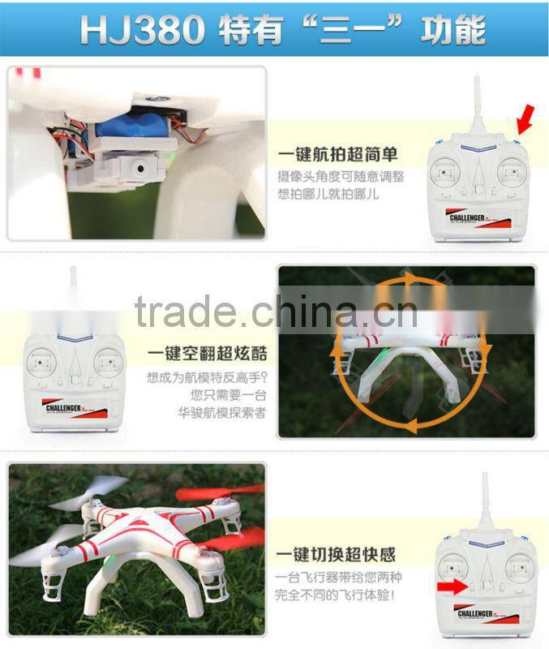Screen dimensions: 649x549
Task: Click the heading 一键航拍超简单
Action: (x=338, y=155)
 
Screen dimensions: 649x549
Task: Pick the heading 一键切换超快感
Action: (x=335, y=555)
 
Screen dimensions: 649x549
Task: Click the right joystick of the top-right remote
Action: (x=508, y=172)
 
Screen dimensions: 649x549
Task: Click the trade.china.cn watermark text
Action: (x=276, y=312)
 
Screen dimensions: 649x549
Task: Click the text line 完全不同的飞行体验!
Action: (x=339, y=596)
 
